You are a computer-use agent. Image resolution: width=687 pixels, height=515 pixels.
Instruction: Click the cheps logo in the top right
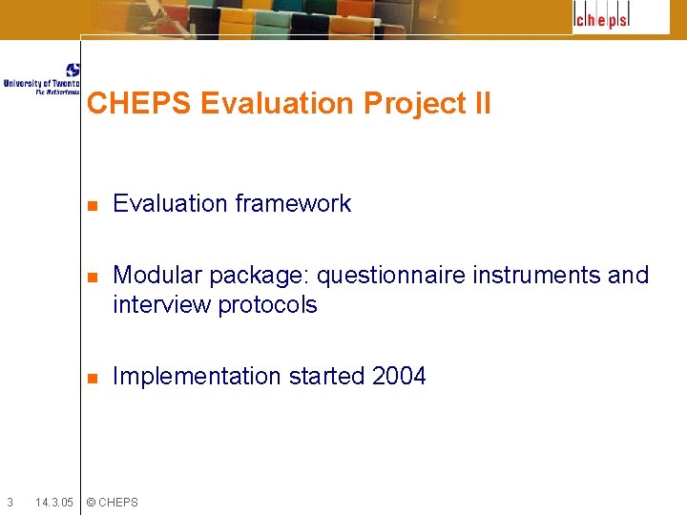(x=602, y=18)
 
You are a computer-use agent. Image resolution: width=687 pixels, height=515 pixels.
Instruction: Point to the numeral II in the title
(x=481, y=103)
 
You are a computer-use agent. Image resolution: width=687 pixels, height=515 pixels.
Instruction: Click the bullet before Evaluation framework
(x=92, y=205)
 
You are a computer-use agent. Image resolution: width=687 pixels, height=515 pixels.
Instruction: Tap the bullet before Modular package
(x=92, y=278)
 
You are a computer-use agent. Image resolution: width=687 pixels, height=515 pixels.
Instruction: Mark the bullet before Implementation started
(x=92, y=378)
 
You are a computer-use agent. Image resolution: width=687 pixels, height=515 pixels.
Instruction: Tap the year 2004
(x=399, y=376)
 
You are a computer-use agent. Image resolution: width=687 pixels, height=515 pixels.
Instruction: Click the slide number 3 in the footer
(x=10, y=502)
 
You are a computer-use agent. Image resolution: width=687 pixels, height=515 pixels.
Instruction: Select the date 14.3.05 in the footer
(x=53, y=502)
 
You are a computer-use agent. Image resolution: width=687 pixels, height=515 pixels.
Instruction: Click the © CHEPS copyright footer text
(x=112, y=502)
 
